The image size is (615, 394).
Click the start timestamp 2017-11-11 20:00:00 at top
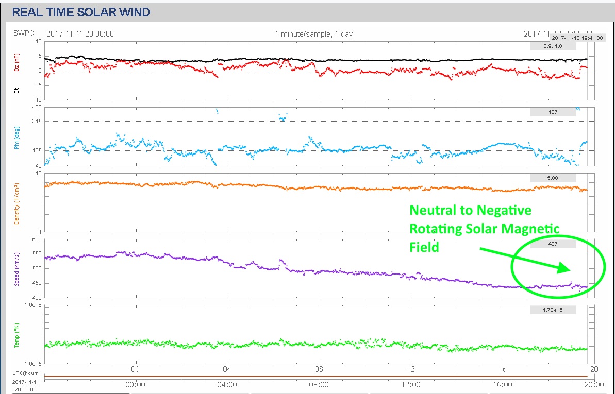click(80, 34)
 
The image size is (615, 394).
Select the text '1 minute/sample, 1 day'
click(313, 34)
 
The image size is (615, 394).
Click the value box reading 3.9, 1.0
click(553, 46)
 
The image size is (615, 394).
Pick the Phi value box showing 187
click(553, 112)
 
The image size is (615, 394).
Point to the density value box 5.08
click(553, 178)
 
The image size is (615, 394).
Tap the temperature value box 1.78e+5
click(553, 310)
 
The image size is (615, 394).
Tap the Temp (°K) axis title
click(16, 335)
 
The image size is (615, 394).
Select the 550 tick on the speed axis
click(37, 254)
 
